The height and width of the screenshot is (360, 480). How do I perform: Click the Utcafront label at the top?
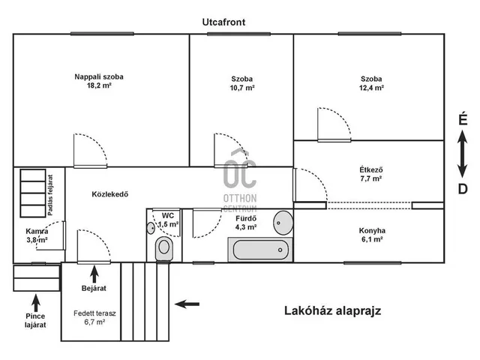(x=223, y=22)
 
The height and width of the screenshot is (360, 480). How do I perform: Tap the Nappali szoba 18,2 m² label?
(x=99, y=81)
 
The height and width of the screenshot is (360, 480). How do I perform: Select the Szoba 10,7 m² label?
(x=242, y=83)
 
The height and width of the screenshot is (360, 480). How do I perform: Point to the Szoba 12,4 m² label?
(x=371, y=83)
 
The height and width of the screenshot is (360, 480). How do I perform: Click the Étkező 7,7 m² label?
(x=371, y=174)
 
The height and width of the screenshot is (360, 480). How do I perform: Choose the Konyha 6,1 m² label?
(x=372, y=235)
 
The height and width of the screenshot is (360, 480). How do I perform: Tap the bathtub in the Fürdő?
(x=260, y=250)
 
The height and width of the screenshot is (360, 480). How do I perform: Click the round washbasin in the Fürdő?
(x=283, y=223)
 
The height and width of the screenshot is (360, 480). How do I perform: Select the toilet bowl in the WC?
(x=164, y=248)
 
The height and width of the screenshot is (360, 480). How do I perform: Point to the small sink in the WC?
(x=151, y=228)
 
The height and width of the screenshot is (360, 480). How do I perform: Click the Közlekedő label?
(x=110, y=194)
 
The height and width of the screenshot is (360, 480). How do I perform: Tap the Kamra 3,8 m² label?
(x=37, y=235)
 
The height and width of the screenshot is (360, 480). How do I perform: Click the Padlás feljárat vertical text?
(x=50, y=195)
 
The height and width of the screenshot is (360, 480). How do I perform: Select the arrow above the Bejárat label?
(x=94, y=274)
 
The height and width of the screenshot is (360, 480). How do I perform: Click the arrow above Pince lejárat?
(x=36, y=303)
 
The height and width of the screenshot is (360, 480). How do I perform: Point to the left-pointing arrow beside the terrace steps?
(x=187, y=304)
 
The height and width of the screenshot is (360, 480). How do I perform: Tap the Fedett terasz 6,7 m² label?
(x=94, y=317)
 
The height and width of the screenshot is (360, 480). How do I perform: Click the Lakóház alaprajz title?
(x=333, y=310)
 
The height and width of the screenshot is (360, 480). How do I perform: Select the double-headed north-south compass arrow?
(x=463, y=154)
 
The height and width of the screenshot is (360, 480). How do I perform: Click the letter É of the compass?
(x=463, y=118)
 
